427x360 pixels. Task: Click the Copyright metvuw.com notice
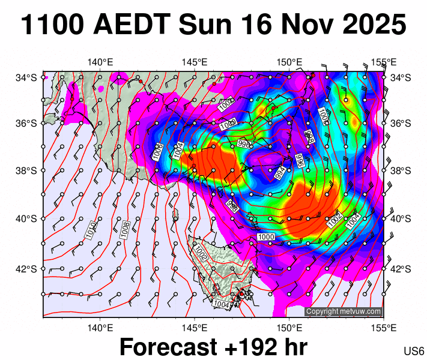point(343,311)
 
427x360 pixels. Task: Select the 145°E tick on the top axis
point(195,62)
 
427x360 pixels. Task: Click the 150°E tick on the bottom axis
point(289,328)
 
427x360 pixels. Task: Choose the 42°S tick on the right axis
point(401,269)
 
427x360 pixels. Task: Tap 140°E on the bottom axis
point(100,328)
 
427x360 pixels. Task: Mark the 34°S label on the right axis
point(401,77)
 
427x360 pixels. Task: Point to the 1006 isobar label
point(158,152)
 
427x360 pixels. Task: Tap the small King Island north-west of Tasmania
point(175,215)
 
